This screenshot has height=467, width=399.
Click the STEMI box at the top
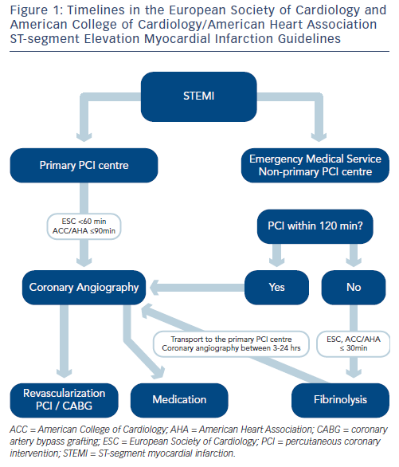point(199,96)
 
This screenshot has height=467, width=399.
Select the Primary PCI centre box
point(84,165)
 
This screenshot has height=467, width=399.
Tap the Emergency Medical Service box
point(315,165)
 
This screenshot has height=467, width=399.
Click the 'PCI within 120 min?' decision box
point(315,226)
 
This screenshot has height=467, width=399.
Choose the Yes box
point(276,288)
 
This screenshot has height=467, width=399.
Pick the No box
point(354,288)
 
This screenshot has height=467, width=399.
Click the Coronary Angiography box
point(84,288)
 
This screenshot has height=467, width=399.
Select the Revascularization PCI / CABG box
point(65,400)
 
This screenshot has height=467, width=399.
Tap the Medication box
point(179,400)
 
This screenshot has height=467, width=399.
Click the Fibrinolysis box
point(340,400)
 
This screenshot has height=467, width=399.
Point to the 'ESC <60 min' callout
point(84,226)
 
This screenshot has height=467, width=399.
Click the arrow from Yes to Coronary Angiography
point(198,288)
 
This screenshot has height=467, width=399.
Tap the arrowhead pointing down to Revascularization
point(65,374)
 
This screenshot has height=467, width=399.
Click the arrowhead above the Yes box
point(276,262)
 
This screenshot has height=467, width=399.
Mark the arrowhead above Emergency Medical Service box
point(319,137)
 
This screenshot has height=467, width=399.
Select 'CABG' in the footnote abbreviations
point(328,430)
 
